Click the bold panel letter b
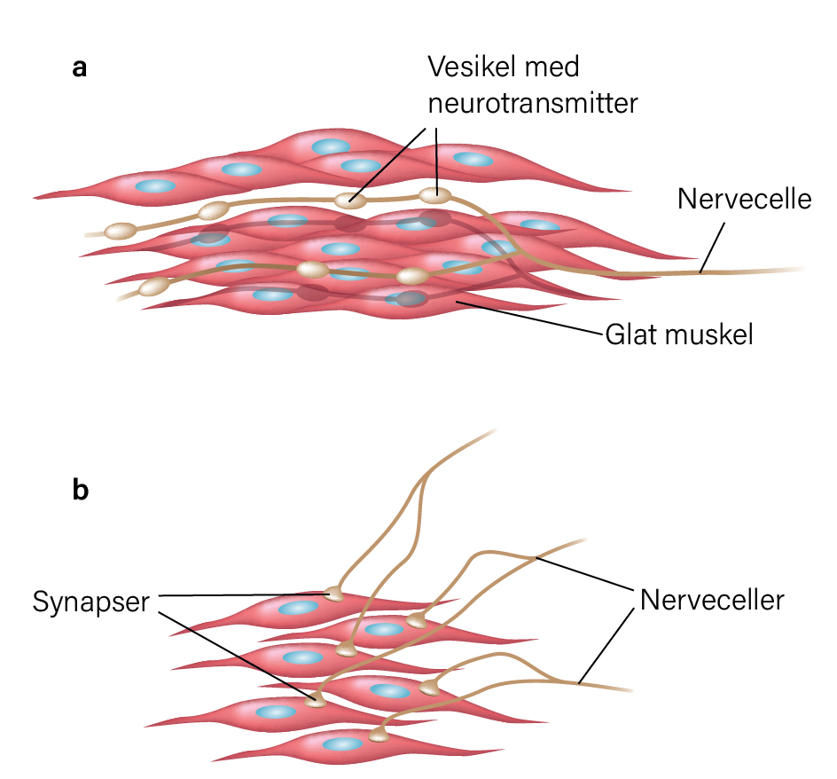pos(80,490)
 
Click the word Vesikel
pos(473,67)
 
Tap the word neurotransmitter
pos(533,103)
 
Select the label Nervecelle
pos(745,199)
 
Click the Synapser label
pos(90,602)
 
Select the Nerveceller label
pos(712,600)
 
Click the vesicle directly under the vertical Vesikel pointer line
pos(435,195)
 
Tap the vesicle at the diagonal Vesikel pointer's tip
pos(350,201)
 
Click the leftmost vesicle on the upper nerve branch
pos(121,231)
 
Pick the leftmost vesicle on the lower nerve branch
pos(154,287)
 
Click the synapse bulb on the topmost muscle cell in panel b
pos(334,594)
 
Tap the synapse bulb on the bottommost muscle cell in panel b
pos(379,736)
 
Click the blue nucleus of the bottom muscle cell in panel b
pos(342,744)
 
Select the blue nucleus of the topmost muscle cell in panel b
pos(298,608)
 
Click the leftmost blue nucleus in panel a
pos(155,186)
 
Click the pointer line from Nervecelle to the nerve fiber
pos(713,248)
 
